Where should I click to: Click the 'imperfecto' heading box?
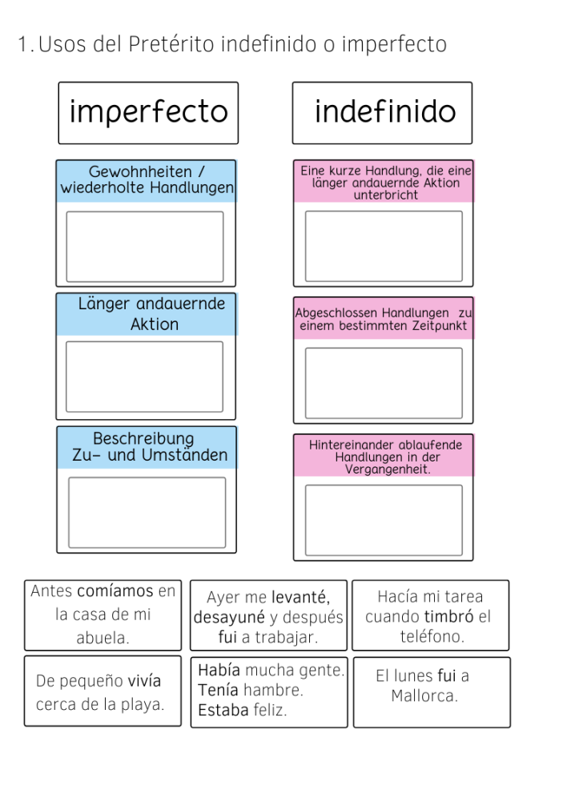[x=148, y=112]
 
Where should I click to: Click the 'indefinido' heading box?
[x=382, y=112]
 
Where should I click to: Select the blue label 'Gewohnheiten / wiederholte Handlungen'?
[x=147, y=180]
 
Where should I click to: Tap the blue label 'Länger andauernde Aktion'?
[x=147, y=314]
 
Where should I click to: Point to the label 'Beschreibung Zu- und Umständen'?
[x=147, y=447]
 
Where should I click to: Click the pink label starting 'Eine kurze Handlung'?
[x=384, y=182]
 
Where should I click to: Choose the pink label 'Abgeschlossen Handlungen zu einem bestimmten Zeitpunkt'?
[x=384, y=319]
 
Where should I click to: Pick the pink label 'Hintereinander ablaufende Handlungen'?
[x=384, y=456]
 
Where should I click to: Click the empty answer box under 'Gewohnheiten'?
[x=145, y=246]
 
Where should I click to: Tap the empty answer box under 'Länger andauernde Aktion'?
[x=145, y=377]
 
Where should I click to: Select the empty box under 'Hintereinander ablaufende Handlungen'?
[x=384, y=520]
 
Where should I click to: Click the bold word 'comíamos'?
[x=115, y=592]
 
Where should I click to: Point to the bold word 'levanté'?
[x=300, y=597]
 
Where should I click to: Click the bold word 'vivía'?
[x=144, y=682]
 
